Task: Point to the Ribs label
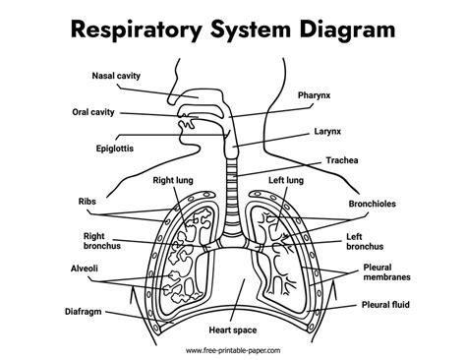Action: [87, 201]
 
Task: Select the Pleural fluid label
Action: [386, 305]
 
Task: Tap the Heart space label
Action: [231, 331]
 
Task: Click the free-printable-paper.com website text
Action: [232, 351]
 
